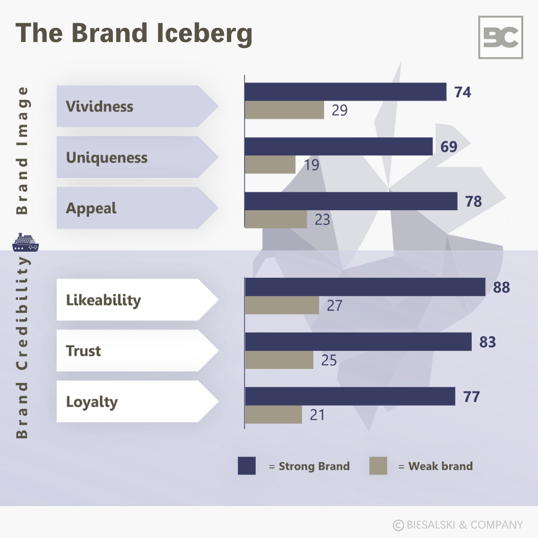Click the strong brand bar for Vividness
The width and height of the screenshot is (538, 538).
click(x=345, y=92)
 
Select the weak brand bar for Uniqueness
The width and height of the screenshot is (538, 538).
click(x=270, y=164)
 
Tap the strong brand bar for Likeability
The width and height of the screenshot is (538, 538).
click(x=365, y=287)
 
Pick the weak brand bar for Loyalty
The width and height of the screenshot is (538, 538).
click(x=273, y=415)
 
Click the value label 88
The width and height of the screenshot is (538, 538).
click(x=501, y=288)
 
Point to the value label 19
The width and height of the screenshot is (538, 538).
click(x=311, y=165)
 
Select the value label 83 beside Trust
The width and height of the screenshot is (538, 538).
click(x=488, y=342)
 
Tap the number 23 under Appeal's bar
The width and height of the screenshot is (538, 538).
click(x=322, y=219)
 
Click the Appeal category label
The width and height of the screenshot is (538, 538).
click(x=91, y=208)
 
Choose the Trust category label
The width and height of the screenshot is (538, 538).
click(x=84, y=350)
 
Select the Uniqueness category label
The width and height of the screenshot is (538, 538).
click(x=107, y=158)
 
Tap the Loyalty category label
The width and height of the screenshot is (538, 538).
click(x=92, y=402)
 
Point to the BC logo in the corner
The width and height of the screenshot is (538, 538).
click(x=500, y=37)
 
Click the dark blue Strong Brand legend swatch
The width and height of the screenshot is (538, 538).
click(x=247, y=466)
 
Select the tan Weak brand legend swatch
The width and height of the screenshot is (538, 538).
click(x=378, y=466)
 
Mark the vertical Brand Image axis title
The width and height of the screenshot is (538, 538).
click(x=22, y=150)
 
